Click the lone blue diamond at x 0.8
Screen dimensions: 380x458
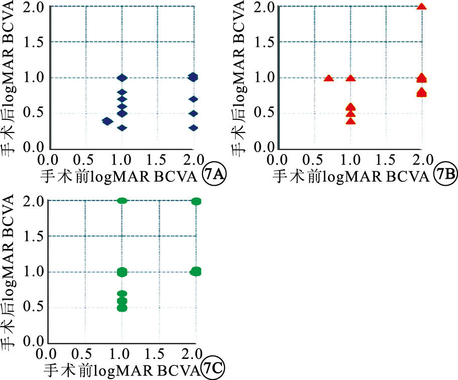point(107,121)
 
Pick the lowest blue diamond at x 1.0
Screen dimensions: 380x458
point(122,128)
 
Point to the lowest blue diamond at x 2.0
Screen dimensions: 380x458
point(193,128)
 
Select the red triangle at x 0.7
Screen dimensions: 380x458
point(328,78)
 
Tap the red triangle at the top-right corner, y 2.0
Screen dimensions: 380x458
point(421,6)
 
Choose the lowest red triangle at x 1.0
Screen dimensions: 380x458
point(351,121)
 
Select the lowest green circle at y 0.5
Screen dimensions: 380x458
point(122,308)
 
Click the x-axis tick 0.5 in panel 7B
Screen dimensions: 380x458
point(314,160)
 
